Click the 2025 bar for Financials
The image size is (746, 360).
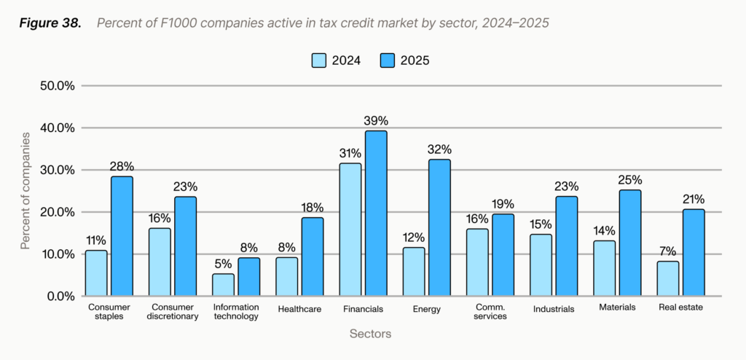[x=376, y=214]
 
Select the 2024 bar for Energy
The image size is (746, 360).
[x=414, y=272]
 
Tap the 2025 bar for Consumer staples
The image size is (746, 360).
[x=122, y=236]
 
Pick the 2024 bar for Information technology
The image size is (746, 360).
[x=223, y=285]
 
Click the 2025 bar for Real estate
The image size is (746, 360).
[x=694, y=252]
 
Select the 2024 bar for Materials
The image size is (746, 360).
[x=604, y=268]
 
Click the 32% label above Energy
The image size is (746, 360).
[x=440, y=149]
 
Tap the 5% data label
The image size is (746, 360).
[x=223, y=264]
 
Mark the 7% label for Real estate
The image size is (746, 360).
[x=667, y=251]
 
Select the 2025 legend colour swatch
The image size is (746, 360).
[x=387, y=60]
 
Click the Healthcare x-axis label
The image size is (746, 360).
[x=299, y=308]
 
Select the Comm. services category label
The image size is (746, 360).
[x=490, y=312]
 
